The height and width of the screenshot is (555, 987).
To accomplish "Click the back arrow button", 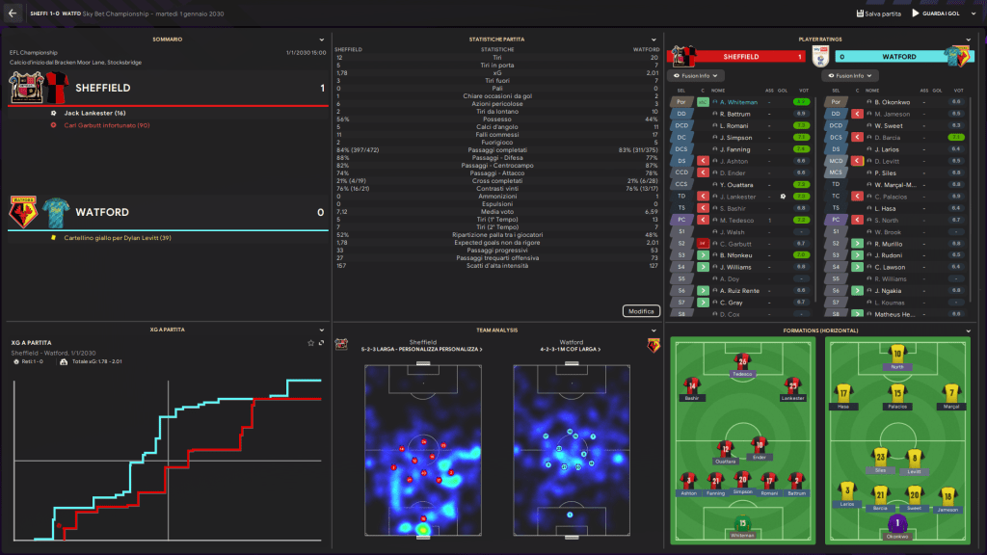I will pos(13,13).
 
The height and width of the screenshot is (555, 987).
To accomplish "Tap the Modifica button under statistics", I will pos(641,310).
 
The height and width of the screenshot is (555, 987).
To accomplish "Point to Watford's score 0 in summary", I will pos(321,212).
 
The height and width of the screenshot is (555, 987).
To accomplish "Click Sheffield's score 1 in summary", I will pos(321,88).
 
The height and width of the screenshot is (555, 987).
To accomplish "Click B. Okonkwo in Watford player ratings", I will pos(894,101).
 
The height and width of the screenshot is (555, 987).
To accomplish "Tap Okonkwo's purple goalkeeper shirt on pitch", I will pos(897,524).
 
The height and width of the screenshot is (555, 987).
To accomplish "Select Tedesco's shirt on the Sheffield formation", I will pos(742,362).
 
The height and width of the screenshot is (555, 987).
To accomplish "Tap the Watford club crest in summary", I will pos(22,210).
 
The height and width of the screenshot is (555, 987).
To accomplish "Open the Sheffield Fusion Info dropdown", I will pos(693,75).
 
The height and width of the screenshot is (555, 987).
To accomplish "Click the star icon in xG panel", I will pos(310,342).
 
